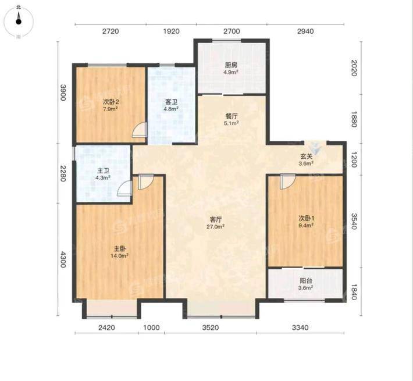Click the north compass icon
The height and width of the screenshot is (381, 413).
tap(19, 22)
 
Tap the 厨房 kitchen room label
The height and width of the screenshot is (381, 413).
tap(231, 65)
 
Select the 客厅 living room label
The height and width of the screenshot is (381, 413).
tap(216, 219)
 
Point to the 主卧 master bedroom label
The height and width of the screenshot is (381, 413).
tap(120, 248)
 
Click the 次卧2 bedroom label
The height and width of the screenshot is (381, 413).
tap(111, 102)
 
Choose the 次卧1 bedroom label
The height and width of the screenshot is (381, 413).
tap(306, 218)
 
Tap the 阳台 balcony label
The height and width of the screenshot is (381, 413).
tap(306, 281)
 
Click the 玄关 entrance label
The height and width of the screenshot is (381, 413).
tap(306, 156)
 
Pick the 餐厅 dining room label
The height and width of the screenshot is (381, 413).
tap(232, 116)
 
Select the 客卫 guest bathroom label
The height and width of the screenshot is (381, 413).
tap(171, 102)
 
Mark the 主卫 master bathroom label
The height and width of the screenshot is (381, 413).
tap(103, 171)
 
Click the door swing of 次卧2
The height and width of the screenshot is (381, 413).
tap(140, 130)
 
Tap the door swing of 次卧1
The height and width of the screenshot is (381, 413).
tap(287, 181)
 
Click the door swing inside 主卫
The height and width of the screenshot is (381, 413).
tap(125, 188)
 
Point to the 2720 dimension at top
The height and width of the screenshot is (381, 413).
tap(111, 31)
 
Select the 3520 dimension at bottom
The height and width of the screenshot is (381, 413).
tap(211, 327)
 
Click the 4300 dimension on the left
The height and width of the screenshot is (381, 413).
tap(63, 259)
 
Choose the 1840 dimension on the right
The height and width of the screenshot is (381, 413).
tap(354, 292)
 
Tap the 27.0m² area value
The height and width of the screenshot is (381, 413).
tap(216, 226)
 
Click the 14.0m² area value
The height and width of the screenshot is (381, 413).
tap(119, 256)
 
